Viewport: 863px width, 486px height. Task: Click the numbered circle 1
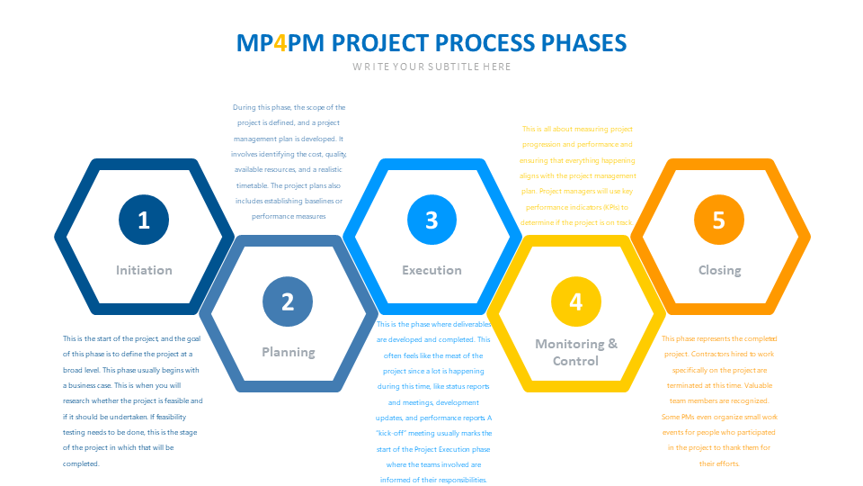point(144,220)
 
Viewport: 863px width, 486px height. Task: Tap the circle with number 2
point(288,301)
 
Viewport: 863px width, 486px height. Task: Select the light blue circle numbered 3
point(431,220)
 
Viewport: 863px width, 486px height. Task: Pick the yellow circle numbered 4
point(575,301)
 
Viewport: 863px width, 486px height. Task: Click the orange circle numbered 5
point(718,220)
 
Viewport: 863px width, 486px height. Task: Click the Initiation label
point(144,270)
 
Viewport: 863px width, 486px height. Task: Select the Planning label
point(288,352)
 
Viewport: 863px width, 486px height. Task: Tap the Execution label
point(431,270)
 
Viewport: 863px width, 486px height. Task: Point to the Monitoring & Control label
point(576,352)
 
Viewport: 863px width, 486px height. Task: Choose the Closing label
point(719,270)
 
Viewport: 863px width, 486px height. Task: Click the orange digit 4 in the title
point(280,42)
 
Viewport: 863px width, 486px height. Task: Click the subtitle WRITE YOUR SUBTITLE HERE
point(431,67)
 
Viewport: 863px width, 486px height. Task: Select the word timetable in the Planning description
point(252,185)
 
